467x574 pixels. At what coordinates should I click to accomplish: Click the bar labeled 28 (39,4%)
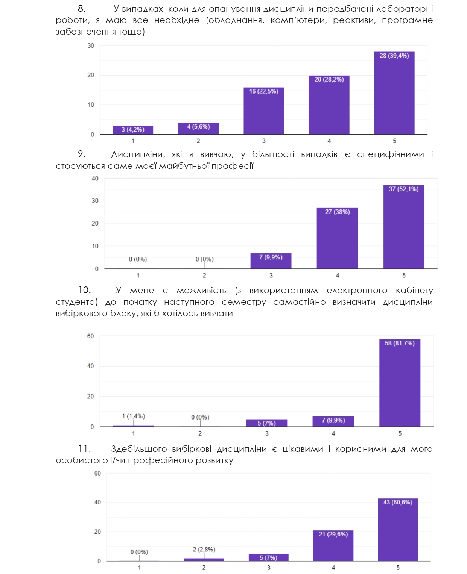click(x=394, y=94)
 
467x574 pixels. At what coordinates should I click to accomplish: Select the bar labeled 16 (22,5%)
click(x=263, y=112)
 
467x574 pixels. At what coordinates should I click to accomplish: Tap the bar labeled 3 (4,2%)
click(x=133, y=130)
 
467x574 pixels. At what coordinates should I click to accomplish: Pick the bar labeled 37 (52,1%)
click(x=403, y=227)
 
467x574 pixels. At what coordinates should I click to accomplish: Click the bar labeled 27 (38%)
click(x=337, y=239)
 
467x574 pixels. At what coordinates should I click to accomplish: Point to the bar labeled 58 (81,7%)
click(x=400, y=383)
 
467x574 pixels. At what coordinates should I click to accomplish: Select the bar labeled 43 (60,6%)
click(x=398, y=530)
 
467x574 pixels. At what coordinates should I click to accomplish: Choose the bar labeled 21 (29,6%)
click(x=333, y=546)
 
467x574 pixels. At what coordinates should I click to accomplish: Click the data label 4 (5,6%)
click(x=198, y=127)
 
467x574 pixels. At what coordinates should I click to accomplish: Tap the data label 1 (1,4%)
click(x=133, y=416)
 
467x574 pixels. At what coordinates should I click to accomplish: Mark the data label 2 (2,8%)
click(x=204, y=550)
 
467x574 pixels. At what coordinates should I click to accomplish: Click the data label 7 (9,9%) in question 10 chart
click(x=333, y=420)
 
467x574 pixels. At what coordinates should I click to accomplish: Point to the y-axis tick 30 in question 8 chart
click(x=91, y=45)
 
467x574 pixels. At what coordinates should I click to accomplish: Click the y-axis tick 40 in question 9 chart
click(x=95, y=178)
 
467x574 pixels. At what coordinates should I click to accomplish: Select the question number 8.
click(x=81, y=9)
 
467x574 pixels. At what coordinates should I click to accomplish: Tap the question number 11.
click(x=84, y=449)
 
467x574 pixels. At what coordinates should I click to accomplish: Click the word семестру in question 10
click(x=243, y=302)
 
